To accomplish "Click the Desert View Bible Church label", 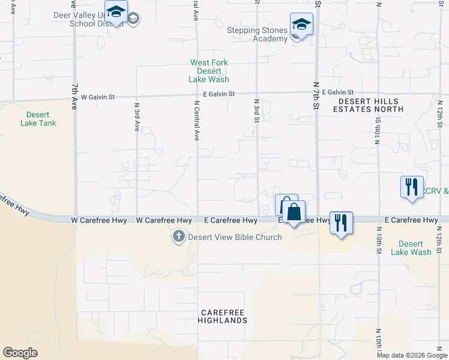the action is tap(235, 237).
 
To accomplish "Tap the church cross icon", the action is tap(178, 236).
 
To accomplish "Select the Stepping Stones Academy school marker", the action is tap(301, 25).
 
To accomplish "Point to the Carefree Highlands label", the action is tap(224, 317).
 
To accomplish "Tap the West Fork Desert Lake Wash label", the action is tap(209, 71).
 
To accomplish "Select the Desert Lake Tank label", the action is tap(41, 119).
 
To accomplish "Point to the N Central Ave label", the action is tap(196, 121).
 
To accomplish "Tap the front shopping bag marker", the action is tap(294, 213).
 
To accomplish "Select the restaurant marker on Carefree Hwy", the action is tap(341, 223).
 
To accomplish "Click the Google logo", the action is tap(20, 353).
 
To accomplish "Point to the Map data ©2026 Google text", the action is tap(412, 355).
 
